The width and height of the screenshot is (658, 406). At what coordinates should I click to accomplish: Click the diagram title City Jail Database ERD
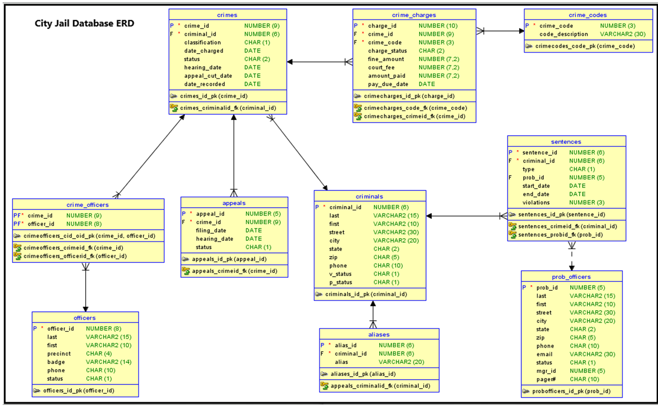pos(84,24)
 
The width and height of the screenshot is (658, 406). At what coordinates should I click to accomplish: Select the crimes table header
pos(227,15)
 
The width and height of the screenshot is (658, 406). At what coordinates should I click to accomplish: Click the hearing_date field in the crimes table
pos(203,67)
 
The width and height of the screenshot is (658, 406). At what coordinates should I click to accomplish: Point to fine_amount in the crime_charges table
pos(386,59)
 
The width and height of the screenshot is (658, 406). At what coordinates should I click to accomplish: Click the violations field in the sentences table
pos(536,202)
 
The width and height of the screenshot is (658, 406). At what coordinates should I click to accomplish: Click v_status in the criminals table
pos(341,274)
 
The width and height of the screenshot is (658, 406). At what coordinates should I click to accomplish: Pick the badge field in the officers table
pos(56,362)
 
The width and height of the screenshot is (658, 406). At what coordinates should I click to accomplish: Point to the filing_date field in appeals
pos(211,230)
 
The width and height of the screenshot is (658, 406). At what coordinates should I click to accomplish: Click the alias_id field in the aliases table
pos(346,346)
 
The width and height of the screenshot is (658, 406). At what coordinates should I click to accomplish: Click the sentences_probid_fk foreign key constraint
pos(560,235)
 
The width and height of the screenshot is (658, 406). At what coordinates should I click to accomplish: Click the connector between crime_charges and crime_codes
pos(500,31)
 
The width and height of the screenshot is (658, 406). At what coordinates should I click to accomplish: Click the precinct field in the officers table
pos(58,353)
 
